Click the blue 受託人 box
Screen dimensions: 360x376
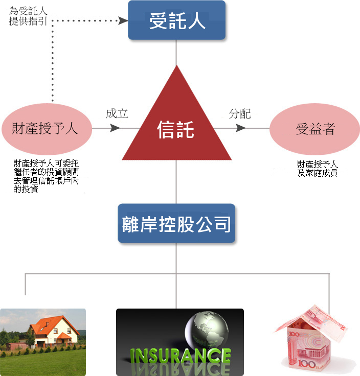[x=176, y=20]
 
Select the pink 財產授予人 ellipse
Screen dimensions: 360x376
[x=47, y=129]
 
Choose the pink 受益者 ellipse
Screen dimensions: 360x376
[x=314, y=129]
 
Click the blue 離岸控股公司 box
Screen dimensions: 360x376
[x=176, y=223]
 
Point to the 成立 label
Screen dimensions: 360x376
[x=117, y=113]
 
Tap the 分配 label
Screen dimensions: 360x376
[x=239, y=113]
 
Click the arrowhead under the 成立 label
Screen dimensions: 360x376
[x=115, y=128]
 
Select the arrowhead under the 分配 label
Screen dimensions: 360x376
[x=240, y=128]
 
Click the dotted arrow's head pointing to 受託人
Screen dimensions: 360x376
[x=123, y=20]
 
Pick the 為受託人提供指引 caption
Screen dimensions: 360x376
[x=28, y=16]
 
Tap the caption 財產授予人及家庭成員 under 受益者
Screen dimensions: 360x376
[x=317, y=169]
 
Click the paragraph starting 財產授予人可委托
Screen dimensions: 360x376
[x=46, y=176]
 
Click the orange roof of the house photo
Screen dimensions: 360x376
[x=54, y=324]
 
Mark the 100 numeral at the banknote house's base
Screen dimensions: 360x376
[x=306, y=364]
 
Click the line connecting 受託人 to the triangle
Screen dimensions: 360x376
[x=176, y=53]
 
